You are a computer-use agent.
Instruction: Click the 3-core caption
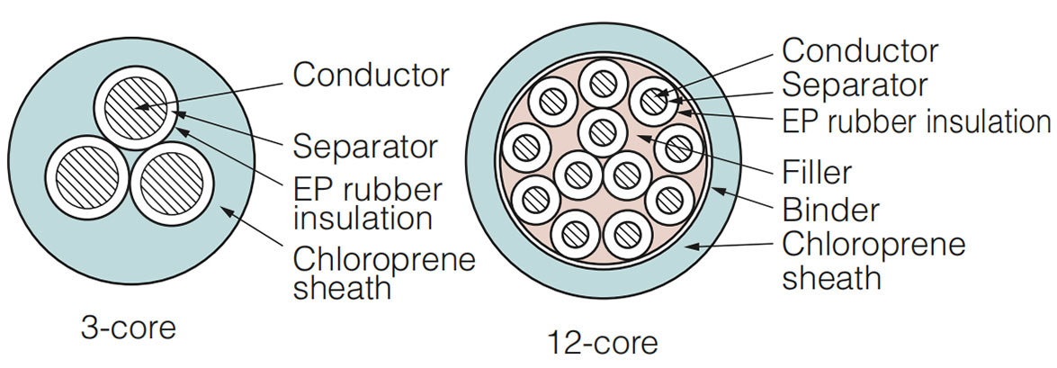[x=128, y=328]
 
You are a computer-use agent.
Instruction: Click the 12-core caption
[x=603, y=343]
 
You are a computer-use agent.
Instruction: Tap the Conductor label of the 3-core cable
[x=371, y=76]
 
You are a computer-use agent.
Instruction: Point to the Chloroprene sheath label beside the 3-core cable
[x=384, y=274]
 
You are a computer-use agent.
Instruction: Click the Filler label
[x=817, y=173]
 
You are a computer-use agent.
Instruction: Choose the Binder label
[x=830, y=211]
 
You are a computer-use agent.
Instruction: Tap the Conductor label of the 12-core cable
[x=860, y=51]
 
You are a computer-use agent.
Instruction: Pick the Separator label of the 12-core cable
[x=855, y=85]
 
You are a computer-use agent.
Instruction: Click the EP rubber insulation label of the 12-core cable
[x=916, y=122]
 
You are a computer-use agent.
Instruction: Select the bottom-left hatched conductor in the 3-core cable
[x=85, y=177]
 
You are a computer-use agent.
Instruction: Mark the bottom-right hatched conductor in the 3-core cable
[x=172, y=183]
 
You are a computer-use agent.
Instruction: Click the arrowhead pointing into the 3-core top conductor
[x=141, y=105]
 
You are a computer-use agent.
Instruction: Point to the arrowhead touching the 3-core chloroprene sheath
[x=227, y=211]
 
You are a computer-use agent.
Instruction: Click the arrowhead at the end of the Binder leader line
[x=717, y=191]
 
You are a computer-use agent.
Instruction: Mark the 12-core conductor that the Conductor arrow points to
[x=653, y=102]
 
